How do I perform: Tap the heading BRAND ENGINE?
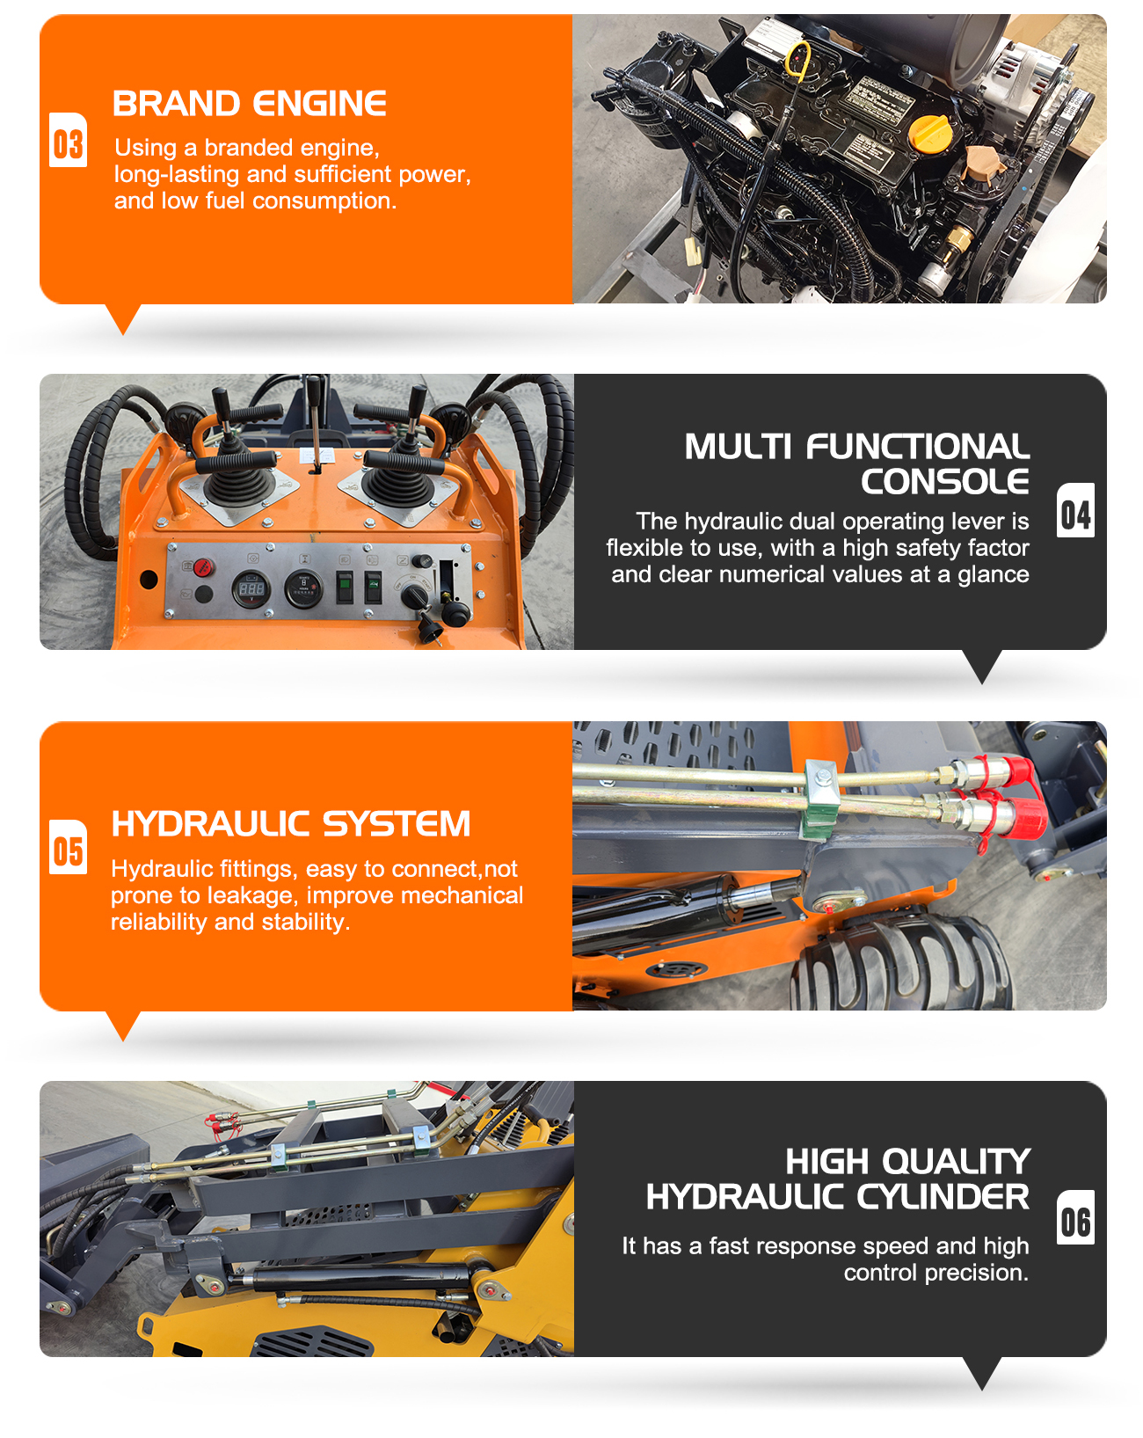point(250,104)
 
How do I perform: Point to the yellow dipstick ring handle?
point(798,59)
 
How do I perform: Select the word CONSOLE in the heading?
point(944,482)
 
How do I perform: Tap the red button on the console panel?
point(203,566)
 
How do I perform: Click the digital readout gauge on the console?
point(252,588)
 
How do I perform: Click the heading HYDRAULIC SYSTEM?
point(290,824)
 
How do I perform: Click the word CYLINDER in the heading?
point(942,1197)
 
